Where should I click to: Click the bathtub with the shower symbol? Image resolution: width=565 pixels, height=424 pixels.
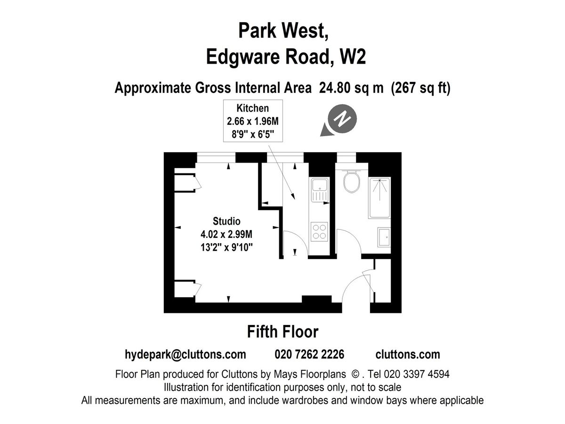click(379, 197)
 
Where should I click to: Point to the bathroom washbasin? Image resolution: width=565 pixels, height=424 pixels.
click(384, 237)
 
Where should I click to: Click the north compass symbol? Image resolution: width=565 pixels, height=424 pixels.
click(343, 119)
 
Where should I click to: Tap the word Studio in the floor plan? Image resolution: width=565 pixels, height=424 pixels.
click(226, 221)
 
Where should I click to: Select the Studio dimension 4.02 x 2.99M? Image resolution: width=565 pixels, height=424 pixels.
click(226, 234)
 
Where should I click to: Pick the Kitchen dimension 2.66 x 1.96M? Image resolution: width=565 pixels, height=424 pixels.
click(252, 122)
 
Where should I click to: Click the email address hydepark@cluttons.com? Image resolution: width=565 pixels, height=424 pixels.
click(186, 354)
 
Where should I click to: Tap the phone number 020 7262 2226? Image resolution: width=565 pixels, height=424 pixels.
click(309, 354)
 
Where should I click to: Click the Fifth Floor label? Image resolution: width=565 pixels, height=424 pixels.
click(282, 332)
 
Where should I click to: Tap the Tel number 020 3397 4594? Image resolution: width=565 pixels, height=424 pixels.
click(417, 375)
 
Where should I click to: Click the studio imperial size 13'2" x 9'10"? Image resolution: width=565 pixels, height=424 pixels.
click(226, 246)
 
